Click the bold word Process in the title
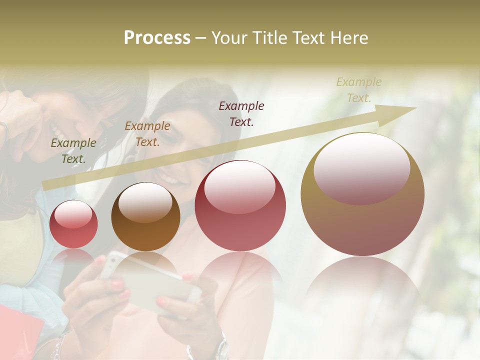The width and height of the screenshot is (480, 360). coord(157,38)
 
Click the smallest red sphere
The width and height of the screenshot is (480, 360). coord(73,224)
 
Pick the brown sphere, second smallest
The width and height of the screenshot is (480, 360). coord(145,217)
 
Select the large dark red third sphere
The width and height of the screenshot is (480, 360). coord(240,205)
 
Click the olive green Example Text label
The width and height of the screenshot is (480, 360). coord(73,151)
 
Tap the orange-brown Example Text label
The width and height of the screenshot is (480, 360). coord(147,134)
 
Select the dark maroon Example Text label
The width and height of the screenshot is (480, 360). coord(241,113)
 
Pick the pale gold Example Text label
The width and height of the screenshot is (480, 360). coord(359,90)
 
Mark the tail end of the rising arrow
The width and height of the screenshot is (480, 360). coord(44,186)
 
